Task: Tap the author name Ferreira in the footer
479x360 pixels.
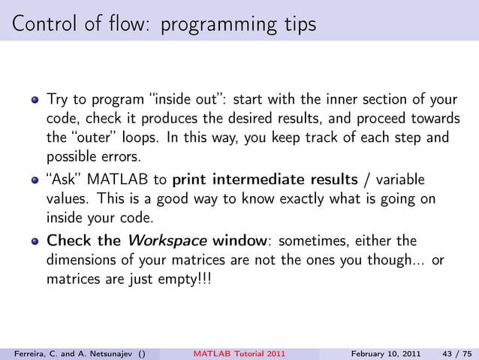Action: [x=25, y=352]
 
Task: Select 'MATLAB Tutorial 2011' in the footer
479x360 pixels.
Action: [x=239, y=352]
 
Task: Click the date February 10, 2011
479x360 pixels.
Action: [x=385, y=352]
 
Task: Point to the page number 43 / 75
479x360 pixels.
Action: [x=456, y=352]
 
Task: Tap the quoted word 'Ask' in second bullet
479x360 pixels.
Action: [x=63, y=180]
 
